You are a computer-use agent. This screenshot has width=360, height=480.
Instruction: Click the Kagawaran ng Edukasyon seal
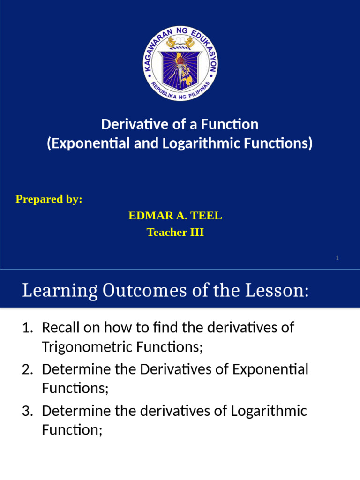[180, 63]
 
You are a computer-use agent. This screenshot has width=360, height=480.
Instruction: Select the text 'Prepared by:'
[49, 199]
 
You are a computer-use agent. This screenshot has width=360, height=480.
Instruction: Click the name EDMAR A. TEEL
[175, 216]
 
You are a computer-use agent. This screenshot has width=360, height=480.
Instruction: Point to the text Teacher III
[175, 232]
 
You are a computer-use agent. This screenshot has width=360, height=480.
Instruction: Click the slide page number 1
[337, 258]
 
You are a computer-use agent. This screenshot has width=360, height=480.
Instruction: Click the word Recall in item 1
[60, 328]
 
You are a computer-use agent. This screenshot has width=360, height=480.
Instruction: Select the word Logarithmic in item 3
[268, 411]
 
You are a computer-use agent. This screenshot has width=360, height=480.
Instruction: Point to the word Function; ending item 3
[72, 430]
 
